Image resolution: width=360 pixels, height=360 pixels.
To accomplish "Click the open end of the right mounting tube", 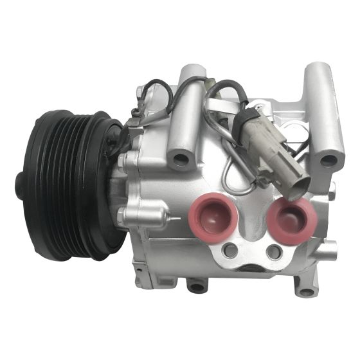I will [328, 158].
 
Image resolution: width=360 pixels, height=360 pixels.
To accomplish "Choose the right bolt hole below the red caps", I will [274, 251].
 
